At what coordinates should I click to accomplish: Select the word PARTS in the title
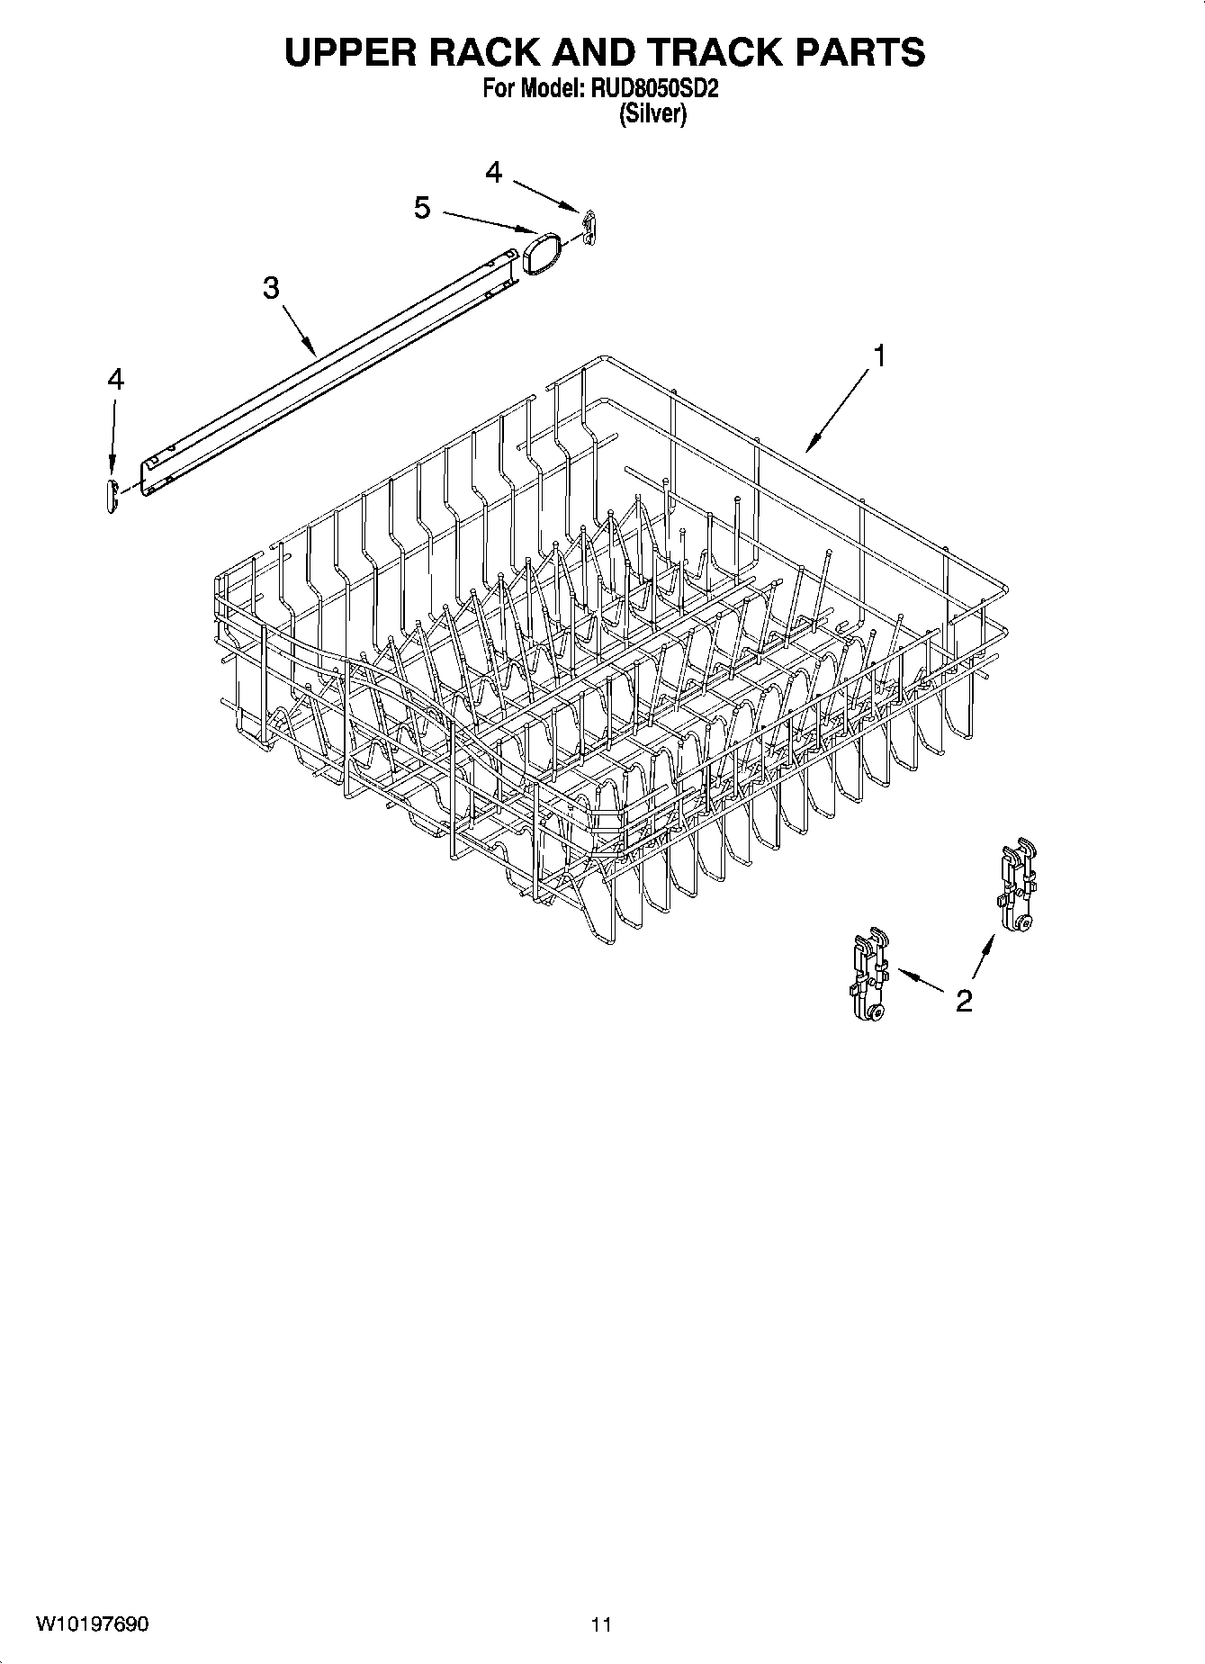click(x=859, y=53)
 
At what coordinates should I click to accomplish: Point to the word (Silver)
click(x=652, y=114)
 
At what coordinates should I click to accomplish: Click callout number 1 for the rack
click(x=879, y=356)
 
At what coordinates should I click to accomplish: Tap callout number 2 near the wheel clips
click(x=964, y=1001)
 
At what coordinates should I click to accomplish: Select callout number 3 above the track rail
click(x=271, y=288)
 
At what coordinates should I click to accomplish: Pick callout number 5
click(x=422, y=209)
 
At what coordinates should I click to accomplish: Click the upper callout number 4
click(x=493, y=172)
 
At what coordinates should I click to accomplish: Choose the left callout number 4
click(x=115, y=380)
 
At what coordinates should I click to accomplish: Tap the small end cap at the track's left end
click(x=112, y=496)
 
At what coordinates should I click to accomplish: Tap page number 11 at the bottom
click(x=601, y=1624)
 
